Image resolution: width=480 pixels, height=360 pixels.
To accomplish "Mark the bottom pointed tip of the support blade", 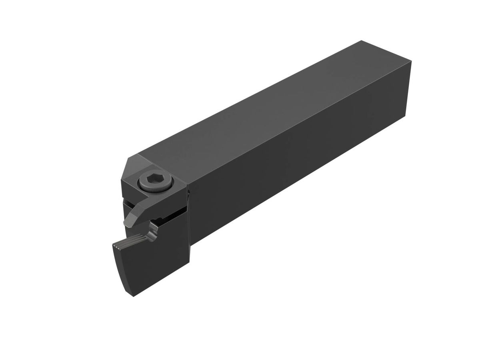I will coord(134,295).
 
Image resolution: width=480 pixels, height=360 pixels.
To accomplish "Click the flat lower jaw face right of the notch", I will coord(172,232).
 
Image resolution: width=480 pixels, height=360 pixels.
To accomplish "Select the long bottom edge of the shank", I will coord(296,180).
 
